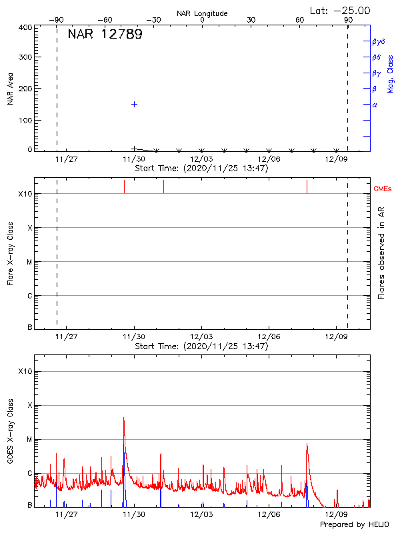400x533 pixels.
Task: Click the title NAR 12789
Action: [105, 35]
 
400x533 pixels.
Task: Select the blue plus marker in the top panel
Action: [134, 104]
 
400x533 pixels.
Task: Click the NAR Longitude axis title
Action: [202, 13]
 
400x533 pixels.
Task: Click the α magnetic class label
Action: [374, 105]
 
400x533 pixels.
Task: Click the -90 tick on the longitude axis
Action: [57, 20]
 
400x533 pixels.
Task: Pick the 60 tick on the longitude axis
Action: [299, 20]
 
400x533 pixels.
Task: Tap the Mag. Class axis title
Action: [391, 73]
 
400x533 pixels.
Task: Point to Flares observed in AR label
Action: [382, 253]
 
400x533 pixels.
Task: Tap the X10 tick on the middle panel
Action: [25, 194]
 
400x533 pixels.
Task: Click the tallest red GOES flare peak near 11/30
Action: [123, 418]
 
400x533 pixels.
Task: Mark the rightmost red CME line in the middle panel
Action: [307, 186]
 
